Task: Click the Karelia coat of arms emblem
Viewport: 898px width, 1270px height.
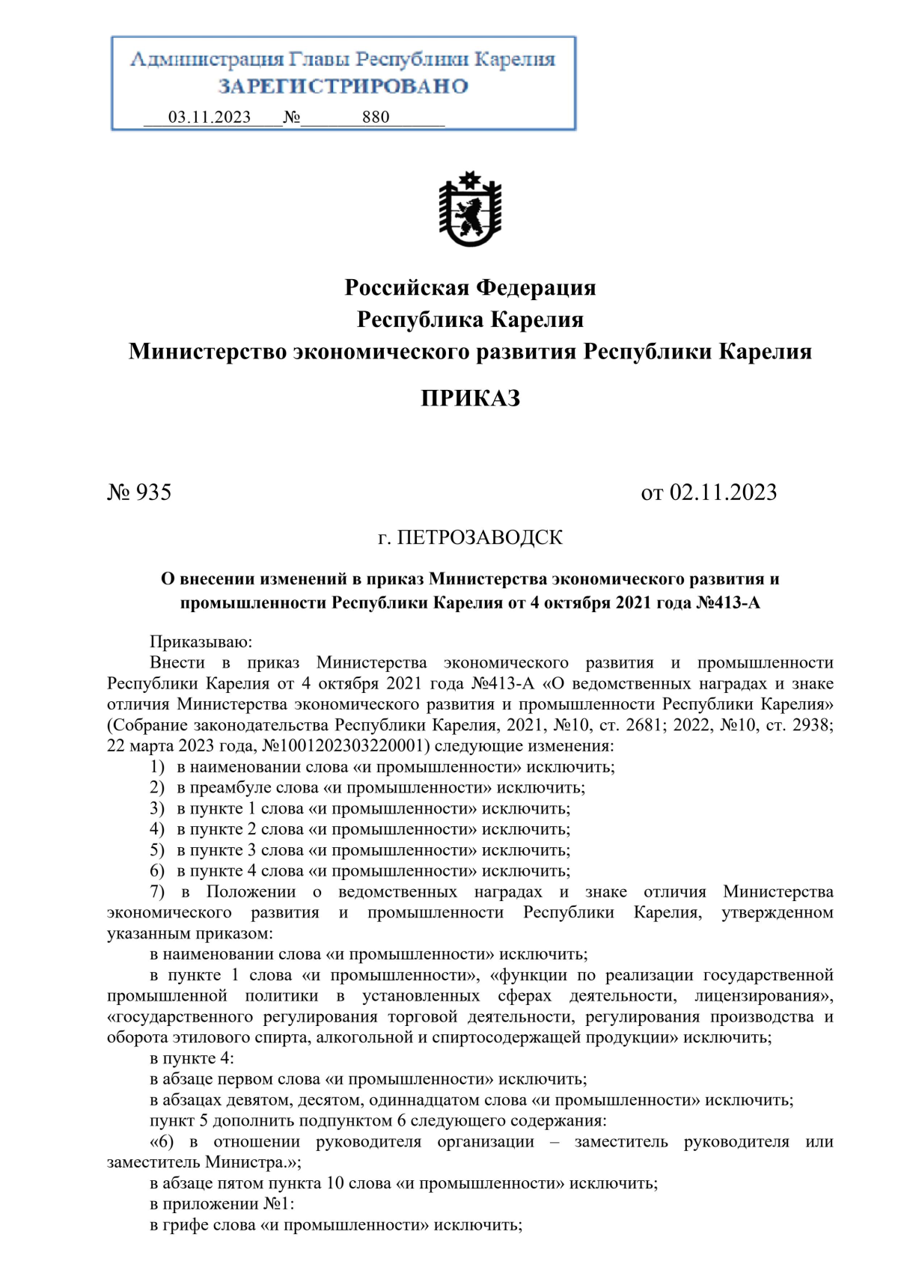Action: click(x=469, y=210)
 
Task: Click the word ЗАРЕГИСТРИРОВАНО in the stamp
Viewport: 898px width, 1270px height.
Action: click(x=343, y=86)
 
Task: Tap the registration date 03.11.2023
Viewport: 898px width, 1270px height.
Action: click(x=210, y=117)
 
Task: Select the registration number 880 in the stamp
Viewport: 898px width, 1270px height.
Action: click(x=376, y=117)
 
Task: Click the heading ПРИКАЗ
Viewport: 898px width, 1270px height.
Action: click(x=470, y=398)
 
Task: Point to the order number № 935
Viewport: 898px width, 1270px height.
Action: click(x=140, y=492)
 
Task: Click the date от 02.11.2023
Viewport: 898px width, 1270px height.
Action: click(x=709, y=492)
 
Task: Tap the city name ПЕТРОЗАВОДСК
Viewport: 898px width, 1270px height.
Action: click(x=479, y=537)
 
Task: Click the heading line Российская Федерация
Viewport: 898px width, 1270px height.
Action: click(x=470, y=287)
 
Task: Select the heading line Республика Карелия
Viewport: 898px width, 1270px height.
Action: click(x=470, y=320)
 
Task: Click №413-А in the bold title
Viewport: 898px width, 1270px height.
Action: click(x=727, y=603)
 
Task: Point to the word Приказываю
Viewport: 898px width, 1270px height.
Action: click(x=201, y=642)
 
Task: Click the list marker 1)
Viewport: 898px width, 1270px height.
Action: click(x=157, y=767)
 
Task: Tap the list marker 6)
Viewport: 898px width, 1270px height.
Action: click(x=157, y=871)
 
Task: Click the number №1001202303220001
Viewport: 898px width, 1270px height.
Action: click(x=347, y=746)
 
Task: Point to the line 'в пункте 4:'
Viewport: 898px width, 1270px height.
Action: click(x=192, y=1059)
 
